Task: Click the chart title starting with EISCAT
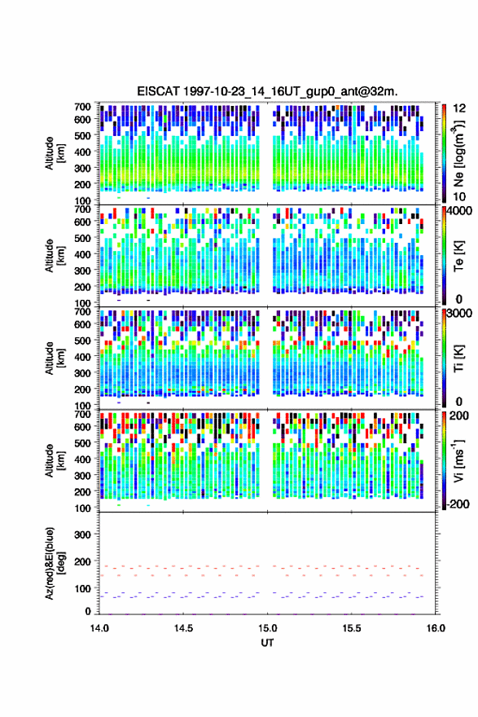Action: coord(267,91)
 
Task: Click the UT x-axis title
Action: coord(267,643)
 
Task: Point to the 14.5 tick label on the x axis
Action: coord(183,628)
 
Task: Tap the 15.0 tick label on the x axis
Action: coord(267,628)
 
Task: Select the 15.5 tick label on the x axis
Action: coord(352,628)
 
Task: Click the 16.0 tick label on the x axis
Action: coord(436,628)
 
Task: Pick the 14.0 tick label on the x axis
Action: coord(99,628)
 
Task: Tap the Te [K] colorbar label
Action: coord(458,256)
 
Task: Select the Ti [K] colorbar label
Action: coord(458,358)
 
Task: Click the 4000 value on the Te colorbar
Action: coord(458,212)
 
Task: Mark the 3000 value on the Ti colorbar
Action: coord(458,315)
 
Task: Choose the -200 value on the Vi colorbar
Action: coord(457,504)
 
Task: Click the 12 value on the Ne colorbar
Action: coord(459,108)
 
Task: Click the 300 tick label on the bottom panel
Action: coord(82,534)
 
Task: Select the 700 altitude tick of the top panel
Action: coord(82,107)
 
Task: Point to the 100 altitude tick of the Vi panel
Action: coord(82,508)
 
